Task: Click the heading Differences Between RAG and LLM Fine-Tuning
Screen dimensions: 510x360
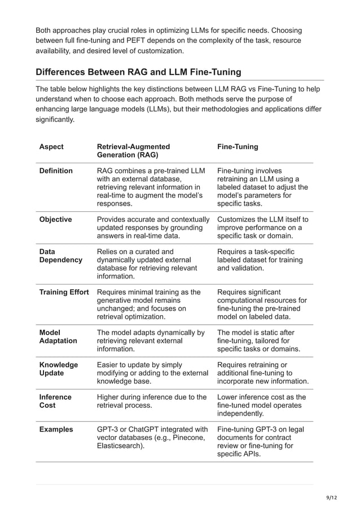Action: click(138, 72)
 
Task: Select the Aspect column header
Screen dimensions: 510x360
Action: click(51, 147)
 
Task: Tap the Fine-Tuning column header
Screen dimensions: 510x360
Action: click(238, 147)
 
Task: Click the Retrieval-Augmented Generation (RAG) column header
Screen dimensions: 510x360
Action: click(133, 151)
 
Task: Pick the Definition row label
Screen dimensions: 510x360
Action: click(56, 171)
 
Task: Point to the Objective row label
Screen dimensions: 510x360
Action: click(55, 219)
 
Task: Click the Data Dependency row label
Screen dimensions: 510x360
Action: click(60, 256)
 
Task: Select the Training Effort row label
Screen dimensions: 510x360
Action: click(64, 292)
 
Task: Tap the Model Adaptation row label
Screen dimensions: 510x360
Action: click(58, 337)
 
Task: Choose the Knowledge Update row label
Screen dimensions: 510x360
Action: click(58, 369)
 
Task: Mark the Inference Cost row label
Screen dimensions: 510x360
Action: click(55, 402)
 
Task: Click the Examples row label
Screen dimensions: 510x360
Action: click(56, 429)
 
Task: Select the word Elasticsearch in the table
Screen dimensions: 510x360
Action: click(120, 446)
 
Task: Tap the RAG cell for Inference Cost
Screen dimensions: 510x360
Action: click(152, 402)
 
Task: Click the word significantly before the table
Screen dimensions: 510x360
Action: click(55, 120)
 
